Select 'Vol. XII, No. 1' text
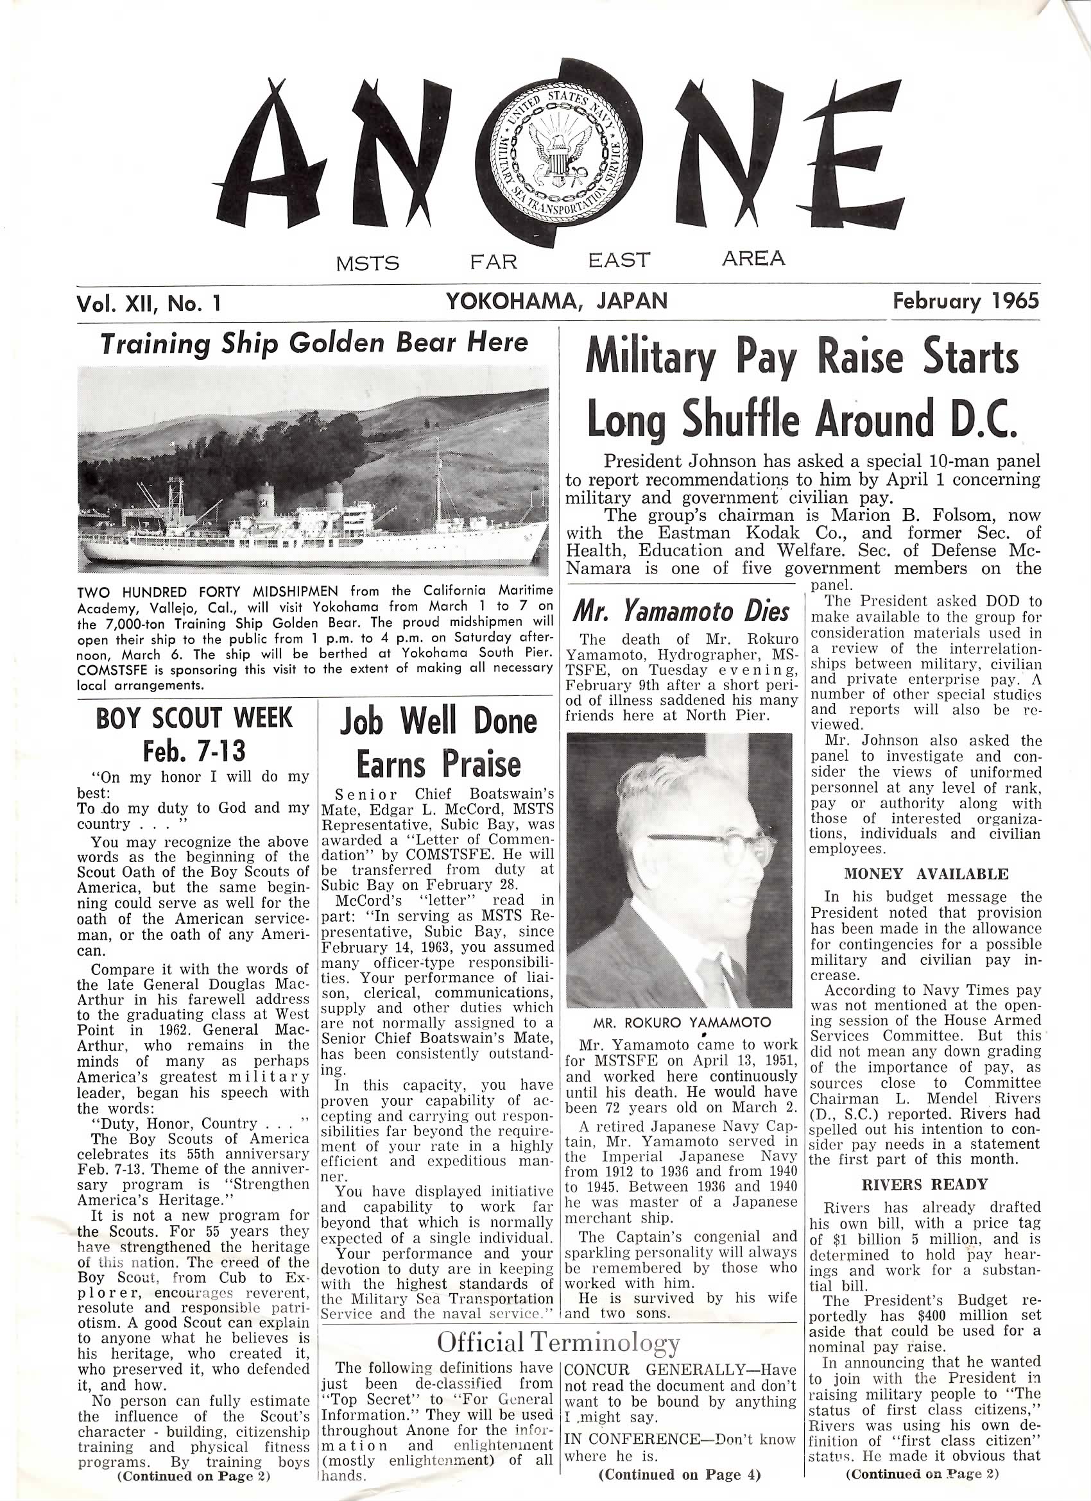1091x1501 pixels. point(148,303)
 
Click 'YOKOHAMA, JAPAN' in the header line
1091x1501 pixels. point(557,301)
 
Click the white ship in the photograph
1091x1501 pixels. point(311,529)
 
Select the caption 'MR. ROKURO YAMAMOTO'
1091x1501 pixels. point(682,1022)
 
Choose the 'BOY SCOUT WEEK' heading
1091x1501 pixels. point(194,718)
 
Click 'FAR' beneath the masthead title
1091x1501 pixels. point(494,262)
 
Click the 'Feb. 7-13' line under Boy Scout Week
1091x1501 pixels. point(194,751)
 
